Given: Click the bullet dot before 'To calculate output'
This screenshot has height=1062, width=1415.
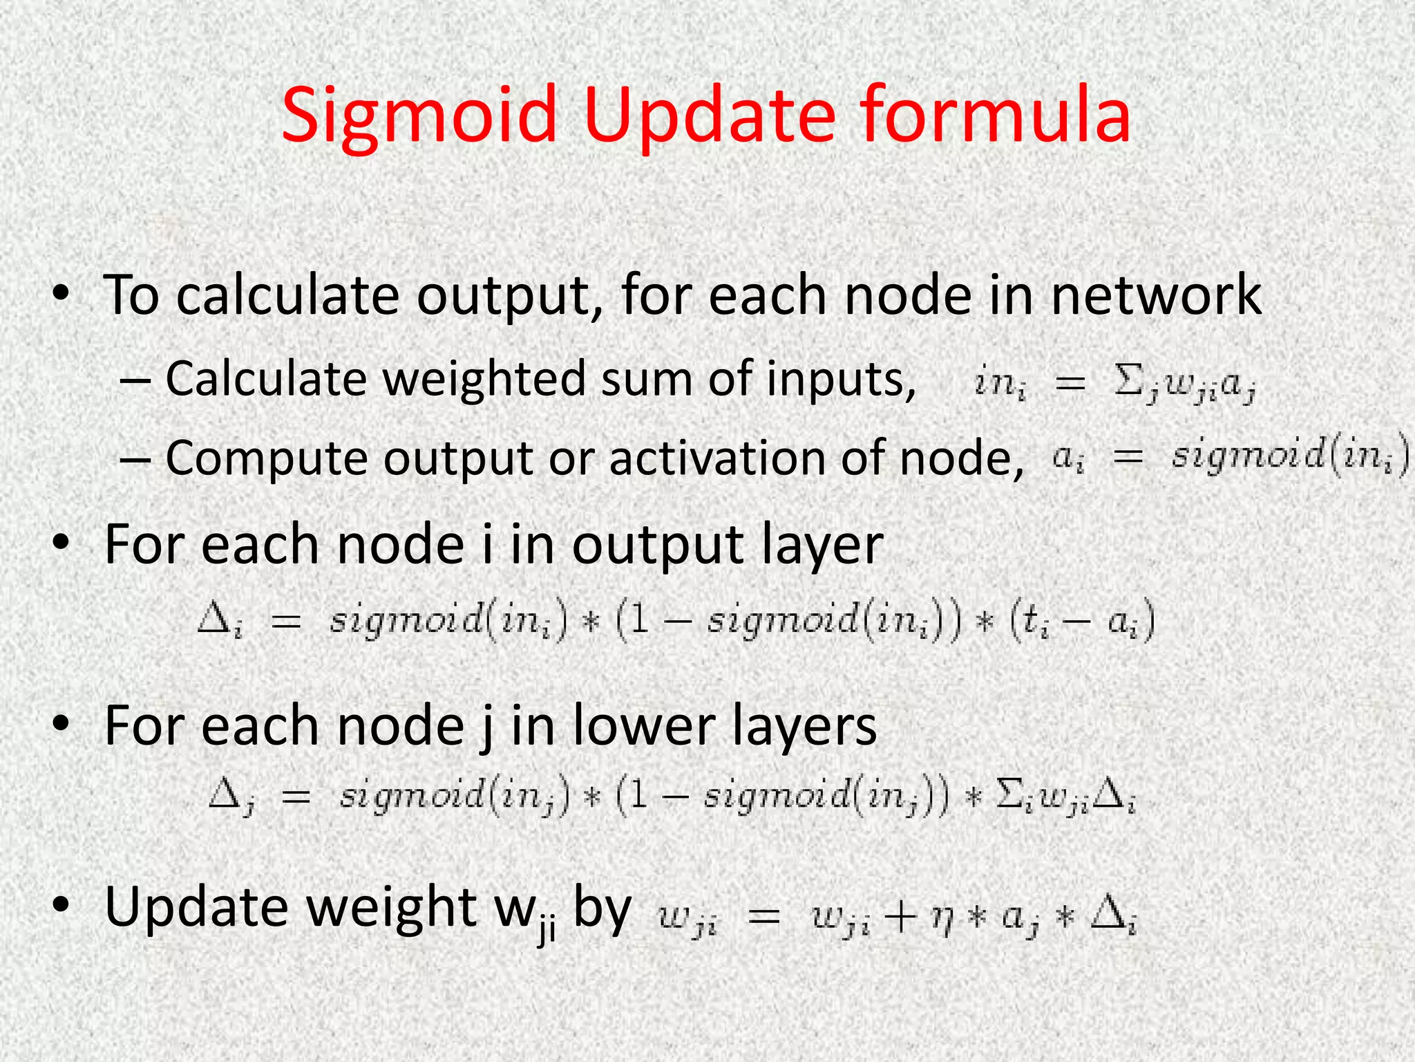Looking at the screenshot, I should click(61, 294).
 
